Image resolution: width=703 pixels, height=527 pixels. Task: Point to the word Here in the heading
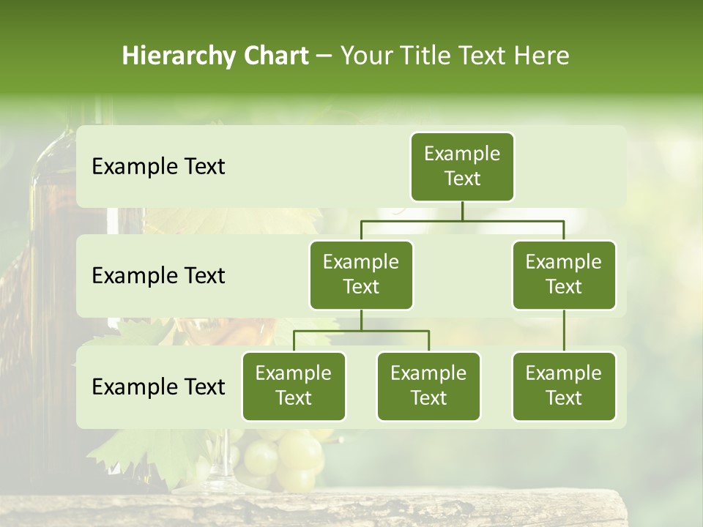click(541, 56)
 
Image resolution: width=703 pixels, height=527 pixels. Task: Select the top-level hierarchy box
click(462, 166)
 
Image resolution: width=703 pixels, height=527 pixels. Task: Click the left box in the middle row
click(361, 274)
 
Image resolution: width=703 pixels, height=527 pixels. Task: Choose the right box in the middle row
click(564, 274)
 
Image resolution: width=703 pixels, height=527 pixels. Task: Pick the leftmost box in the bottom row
click(294, 386)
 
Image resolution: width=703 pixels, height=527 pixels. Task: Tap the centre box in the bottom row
click(428, 386)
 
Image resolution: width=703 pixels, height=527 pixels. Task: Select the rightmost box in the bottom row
click(564, 386)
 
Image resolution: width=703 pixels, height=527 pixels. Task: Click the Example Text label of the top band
click(158, 167)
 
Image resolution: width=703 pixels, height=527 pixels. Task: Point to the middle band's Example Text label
click(158, 276)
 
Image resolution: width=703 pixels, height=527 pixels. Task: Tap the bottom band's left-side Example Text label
click(158, 387)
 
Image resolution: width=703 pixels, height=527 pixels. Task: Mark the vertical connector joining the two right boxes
click(564, 331)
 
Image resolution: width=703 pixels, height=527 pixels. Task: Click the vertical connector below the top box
click(462, 211)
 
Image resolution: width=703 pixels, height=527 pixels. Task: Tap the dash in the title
click(324, 56)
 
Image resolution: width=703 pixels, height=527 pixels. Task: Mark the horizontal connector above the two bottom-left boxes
click(361, 331)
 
